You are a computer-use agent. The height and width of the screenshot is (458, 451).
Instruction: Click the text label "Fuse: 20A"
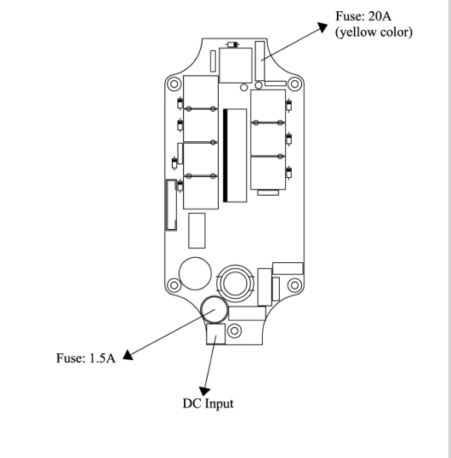pos(363,16)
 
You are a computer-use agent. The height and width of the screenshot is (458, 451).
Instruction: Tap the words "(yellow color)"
pos(374,32)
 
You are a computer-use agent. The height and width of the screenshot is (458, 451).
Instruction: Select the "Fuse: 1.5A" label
pos(86,358)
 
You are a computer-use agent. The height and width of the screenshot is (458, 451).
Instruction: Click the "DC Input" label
pos(208,404)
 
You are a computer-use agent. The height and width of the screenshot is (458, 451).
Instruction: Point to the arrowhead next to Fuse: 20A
pos(323,27)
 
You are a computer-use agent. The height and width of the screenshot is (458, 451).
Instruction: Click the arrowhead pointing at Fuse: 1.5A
pos(128,355)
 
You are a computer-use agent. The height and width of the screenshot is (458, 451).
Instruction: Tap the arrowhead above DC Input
pos(204,392)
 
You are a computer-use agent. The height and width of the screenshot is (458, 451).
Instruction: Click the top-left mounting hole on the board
pos(174,84)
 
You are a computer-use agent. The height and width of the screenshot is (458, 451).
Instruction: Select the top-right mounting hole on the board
pos(294,84)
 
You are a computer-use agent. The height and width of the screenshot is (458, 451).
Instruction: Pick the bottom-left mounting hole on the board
pos(174,285)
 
